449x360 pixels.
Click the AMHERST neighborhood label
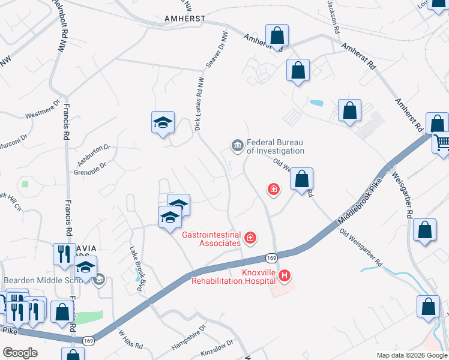tap(185, 19)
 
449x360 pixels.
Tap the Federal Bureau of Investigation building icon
tap(237, 145)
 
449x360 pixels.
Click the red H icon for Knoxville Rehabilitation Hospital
tap(285, 276)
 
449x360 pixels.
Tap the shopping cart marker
tap(441, 143)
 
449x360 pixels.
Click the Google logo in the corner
tap(20, 353)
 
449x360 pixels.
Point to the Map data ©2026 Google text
tap(411, 355)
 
